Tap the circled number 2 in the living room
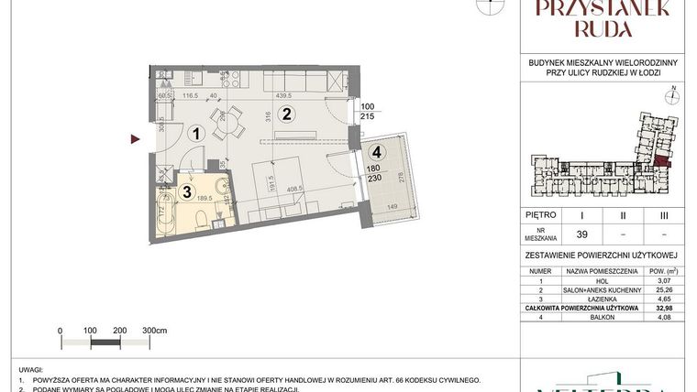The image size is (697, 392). click(x=286, y=114)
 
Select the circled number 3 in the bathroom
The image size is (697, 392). click(x=186, y=192)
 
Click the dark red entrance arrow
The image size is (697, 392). click(x=135, y=139)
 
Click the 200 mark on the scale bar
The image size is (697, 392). click(x=119, y=330)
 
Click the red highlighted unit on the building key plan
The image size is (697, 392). click(x=661, y=161)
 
